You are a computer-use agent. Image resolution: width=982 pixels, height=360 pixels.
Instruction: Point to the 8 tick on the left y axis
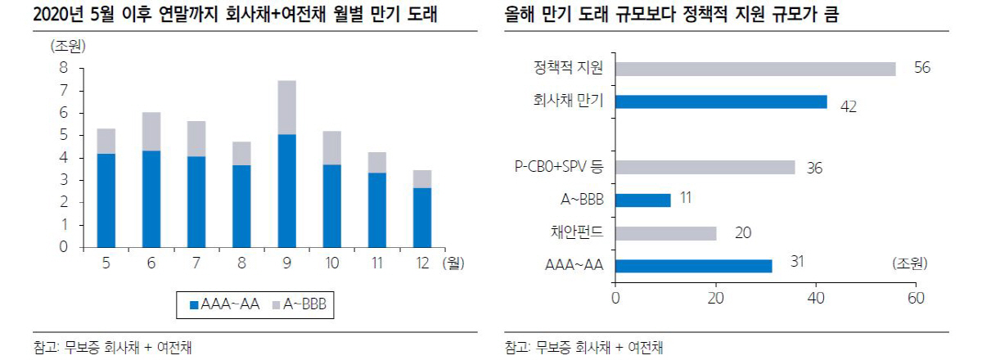[x=63, y=68]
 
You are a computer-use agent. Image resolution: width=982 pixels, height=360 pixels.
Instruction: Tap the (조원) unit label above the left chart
[x=68, y=46]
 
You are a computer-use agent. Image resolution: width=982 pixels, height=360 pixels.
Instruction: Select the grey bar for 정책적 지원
[x=755, y=69]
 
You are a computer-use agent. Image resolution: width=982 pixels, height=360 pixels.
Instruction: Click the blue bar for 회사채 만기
[x=721, y=101]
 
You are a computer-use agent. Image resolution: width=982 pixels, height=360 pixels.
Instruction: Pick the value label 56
[x=921, y=69]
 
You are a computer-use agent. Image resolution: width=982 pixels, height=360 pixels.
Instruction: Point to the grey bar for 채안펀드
[x=665, y=233]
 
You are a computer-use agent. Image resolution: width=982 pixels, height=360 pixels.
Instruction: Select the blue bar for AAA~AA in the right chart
[x=693, y=266]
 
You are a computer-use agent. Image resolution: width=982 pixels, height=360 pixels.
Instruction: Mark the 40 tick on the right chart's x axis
[x=816, y=297]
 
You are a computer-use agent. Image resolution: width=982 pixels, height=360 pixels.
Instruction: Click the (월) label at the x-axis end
[x=453, y=263]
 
